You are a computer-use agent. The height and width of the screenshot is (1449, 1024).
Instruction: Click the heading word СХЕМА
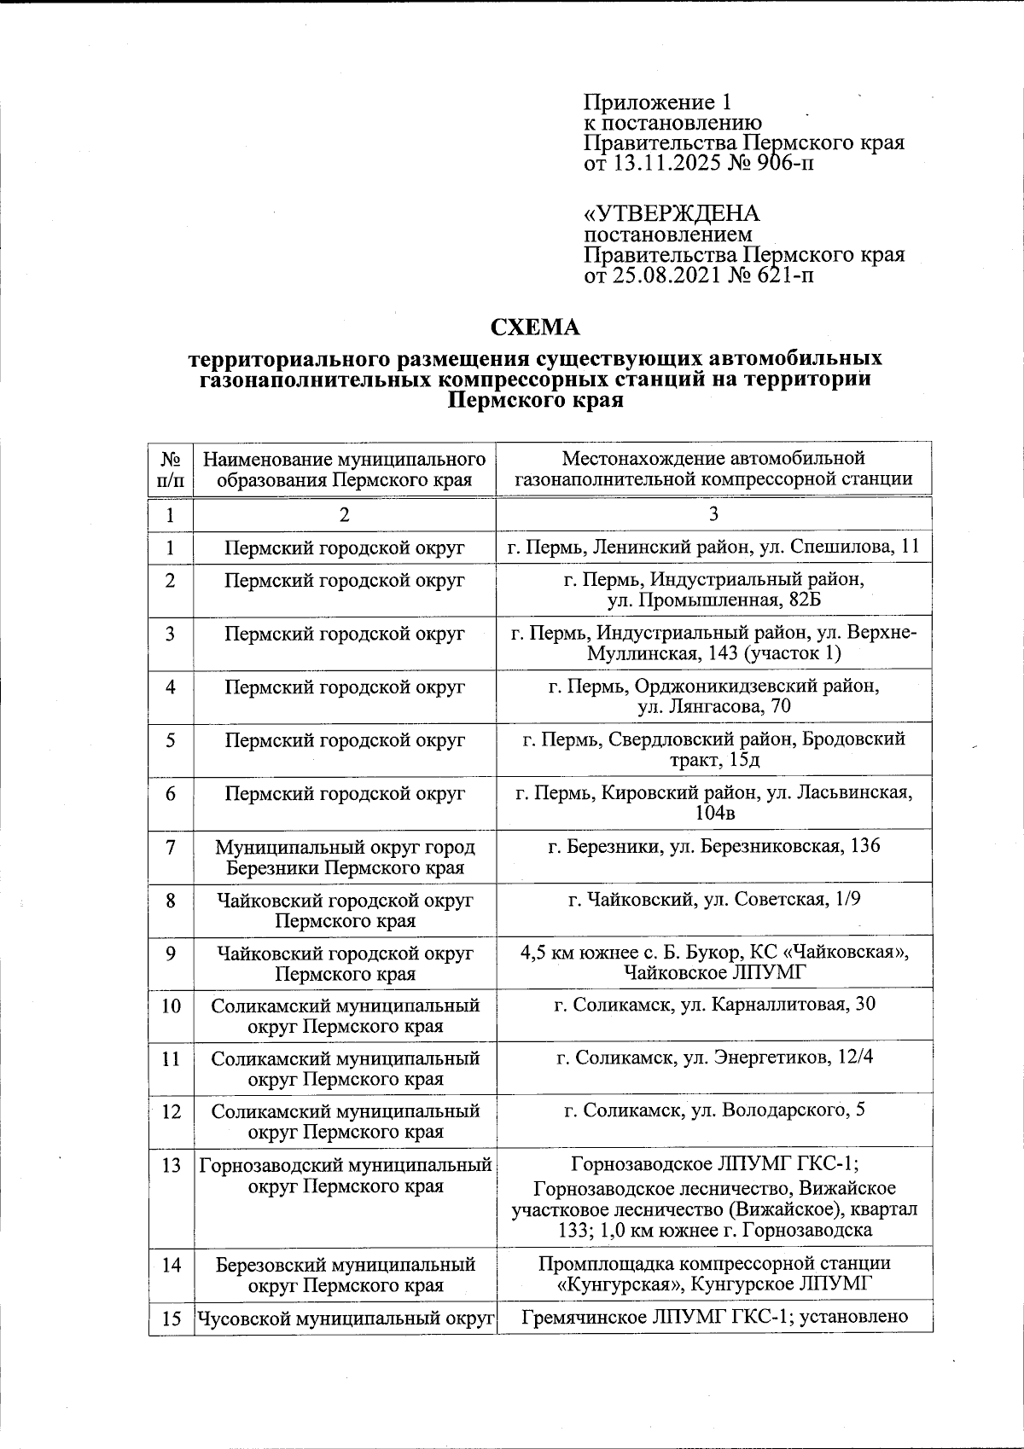pyautogui.click(x=535, y=327)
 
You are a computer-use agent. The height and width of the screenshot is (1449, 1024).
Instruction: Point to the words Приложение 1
pyautogui.click(x=657, y=103)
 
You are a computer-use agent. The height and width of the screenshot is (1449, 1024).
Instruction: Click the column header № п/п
pyautogui.click(x=171, y=469)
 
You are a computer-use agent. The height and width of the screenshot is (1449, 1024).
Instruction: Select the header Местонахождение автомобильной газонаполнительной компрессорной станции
pyautogui.click(x=713, y=469)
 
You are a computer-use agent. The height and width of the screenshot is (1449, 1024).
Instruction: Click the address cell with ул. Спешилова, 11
pyautogui.click(x=713, y=547)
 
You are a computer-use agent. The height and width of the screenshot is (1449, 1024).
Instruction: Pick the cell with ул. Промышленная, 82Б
pyautogui.click(x=713, y=590)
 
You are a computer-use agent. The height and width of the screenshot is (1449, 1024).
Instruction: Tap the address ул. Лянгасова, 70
pyautogui.click(x=713, y=696)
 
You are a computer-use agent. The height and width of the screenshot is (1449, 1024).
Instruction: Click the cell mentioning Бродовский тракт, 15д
pyautogui.click(x=713, y=750)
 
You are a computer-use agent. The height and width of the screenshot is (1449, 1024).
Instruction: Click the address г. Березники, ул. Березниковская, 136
pyautogui.click(x=713, y=846)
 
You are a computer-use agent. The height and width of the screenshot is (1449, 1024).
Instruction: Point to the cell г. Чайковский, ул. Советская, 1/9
pyautogui.click(x=713, y=900)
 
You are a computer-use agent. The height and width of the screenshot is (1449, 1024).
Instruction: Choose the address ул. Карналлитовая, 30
pyautogui.click(x=713, y=1006)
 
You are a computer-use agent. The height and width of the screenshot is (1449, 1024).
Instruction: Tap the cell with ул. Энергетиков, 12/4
pyautogui.click(x=713, y=1058)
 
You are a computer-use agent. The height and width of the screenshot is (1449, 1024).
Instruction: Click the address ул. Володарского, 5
pyautogui.click(x=713, y=1111)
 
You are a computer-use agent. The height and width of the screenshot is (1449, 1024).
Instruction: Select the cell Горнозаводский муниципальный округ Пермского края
pyautogui.click(x=345, y=1175)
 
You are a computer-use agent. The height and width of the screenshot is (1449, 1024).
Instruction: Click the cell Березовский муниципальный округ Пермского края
pyautogui.click(x=345, y=1275)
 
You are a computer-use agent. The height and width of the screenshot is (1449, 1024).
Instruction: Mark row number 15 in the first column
pyautogui.click(x=171, y=1319)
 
